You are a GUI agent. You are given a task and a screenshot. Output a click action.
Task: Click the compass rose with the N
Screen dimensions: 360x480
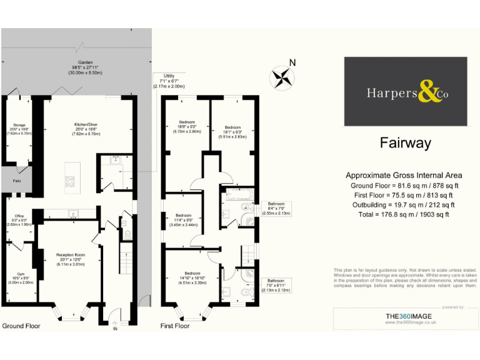point(282,77)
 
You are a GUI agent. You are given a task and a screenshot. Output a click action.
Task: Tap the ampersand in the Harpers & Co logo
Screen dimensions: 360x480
point(429,94)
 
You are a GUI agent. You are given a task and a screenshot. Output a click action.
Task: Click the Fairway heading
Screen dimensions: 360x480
point(405,143)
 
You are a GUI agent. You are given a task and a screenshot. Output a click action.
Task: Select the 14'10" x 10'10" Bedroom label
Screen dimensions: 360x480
point(192,277)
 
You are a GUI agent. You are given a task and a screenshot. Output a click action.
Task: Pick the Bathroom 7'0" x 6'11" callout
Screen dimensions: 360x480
point(276,286)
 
